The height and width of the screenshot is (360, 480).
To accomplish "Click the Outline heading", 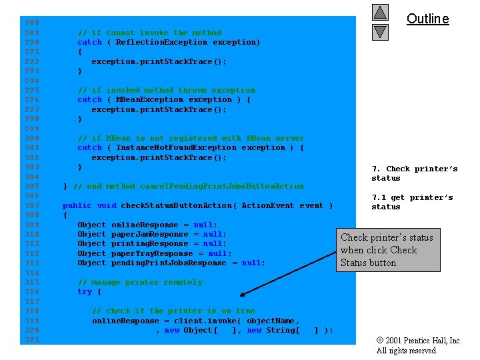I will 427,19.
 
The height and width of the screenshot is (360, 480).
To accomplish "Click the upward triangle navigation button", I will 379,12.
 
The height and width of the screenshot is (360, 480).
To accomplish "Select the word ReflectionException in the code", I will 161,42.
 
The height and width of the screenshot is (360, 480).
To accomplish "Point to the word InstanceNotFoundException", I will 176,147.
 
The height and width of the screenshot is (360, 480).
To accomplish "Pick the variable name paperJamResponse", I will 150,234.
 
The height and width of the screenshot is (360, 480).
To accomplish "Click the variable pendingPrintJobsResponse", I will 169,263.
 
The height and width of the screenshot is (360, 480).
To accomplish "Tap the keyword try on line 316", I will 85,291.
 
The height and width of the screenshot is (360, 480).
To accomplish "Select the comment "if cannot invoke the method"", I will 149,33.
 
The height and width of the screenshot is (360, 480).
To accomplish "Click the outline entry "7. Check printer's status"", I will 414,173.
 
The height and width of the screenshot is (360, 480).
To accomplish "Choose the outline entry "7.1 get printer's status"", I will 412,202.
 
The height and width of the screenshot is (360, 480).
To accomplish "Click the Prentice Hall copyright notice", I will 419,345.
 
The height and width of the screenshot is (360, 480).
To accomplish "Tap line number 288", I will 32,23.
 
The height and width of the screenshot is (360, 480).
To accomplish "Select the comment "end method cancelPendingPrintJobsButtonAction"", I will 188,186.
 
